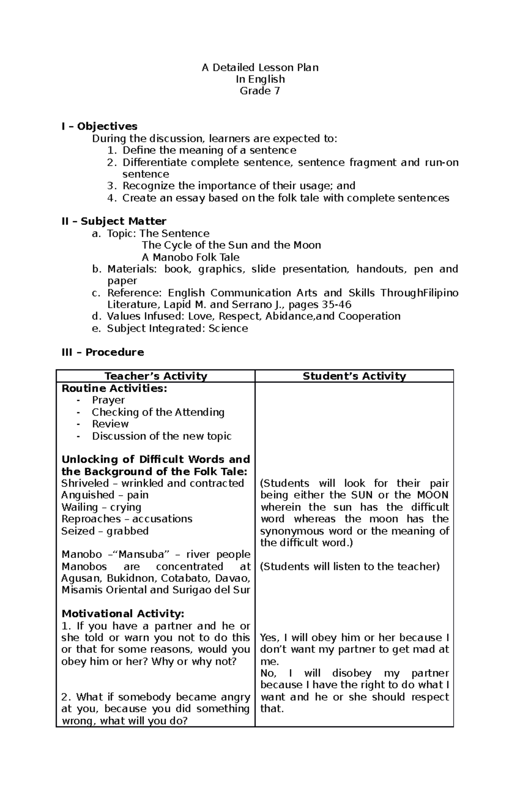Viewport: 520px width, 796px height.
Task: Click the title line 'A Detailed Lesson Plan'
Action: pos(260,68)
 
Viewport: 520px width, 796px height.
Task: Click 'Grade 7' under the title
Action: pos(260,91)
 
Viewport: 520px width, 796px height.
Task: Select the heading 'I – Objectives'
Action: pos(99,127)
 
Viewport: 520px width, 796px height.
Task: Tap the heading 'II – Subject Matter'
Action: pos(114,221)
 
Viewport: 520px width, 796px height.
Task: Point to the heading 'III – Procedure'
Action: pos(103,352)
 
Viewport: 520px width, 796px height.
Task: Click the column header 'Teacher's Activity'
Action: pos(156,376)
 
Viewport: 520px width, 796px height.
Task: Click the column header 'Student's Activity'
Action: pos(354,376)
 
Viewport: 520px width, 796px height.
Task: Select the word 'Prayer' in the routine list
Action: pos(108,400)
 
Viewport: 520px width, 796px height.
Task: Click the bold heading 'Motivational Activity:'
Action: pos(123,614)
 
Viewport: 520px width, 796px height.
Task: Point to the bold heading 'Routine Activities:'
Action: pos(114,388)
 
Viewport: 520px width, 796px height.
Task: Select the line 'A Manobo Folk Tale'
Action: pos(191,257)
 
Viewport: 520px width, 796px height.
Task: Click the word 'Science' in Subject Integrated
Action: pos(228,328)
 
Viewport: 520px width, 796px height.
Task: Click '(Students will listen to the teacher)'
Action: pos(350,567)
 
